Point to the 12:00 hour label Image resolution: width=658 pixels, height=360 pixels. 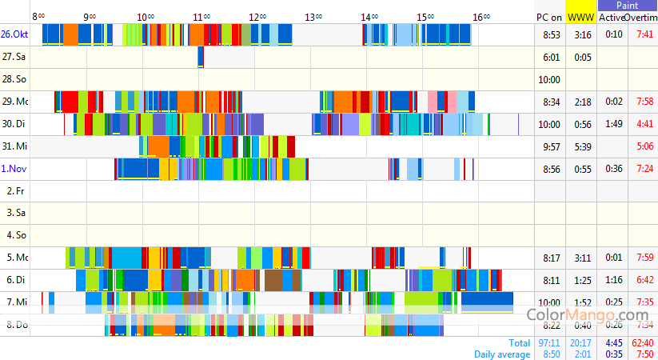coord(257,16)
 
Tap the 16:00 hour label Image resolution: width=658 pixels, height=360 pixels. coord(481,16)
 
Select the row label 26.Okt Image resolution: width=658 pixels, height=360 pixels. coord(14,34)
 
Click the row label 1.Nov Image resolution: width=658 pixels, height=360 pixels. coord(14,169)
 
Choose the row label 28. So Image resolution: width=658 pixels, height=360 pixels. coord(14,79)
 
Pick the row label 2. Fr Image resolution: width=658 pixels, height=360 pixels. coord(15,191)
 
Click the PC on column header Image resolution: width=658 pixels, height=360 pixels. coord(549,17)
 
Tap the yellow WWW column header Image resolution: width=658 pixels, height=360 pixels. coord(580,17)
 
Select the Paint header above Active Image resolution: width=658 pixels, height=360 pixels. coord(627,6)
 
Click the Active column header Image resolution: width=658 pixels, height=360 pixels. coord(612,17)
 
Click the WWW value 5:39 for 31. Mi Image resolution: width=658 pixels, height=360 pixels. coord(582,146)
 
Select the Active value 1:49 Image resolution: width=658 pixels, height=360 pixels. coord(614,124)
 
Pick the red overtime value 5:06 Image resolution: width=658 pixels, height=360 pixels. coord(644,146)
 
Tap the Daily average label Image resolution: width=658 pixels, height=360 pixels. coord(501,354)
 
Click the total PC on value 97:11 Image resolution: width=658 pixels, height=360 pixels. coord(550,342)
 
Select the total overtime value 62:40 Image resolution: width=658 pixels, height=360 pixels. coord(643,342)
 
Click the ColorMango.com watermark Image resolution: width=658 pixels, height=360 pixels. coord(587,315)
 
